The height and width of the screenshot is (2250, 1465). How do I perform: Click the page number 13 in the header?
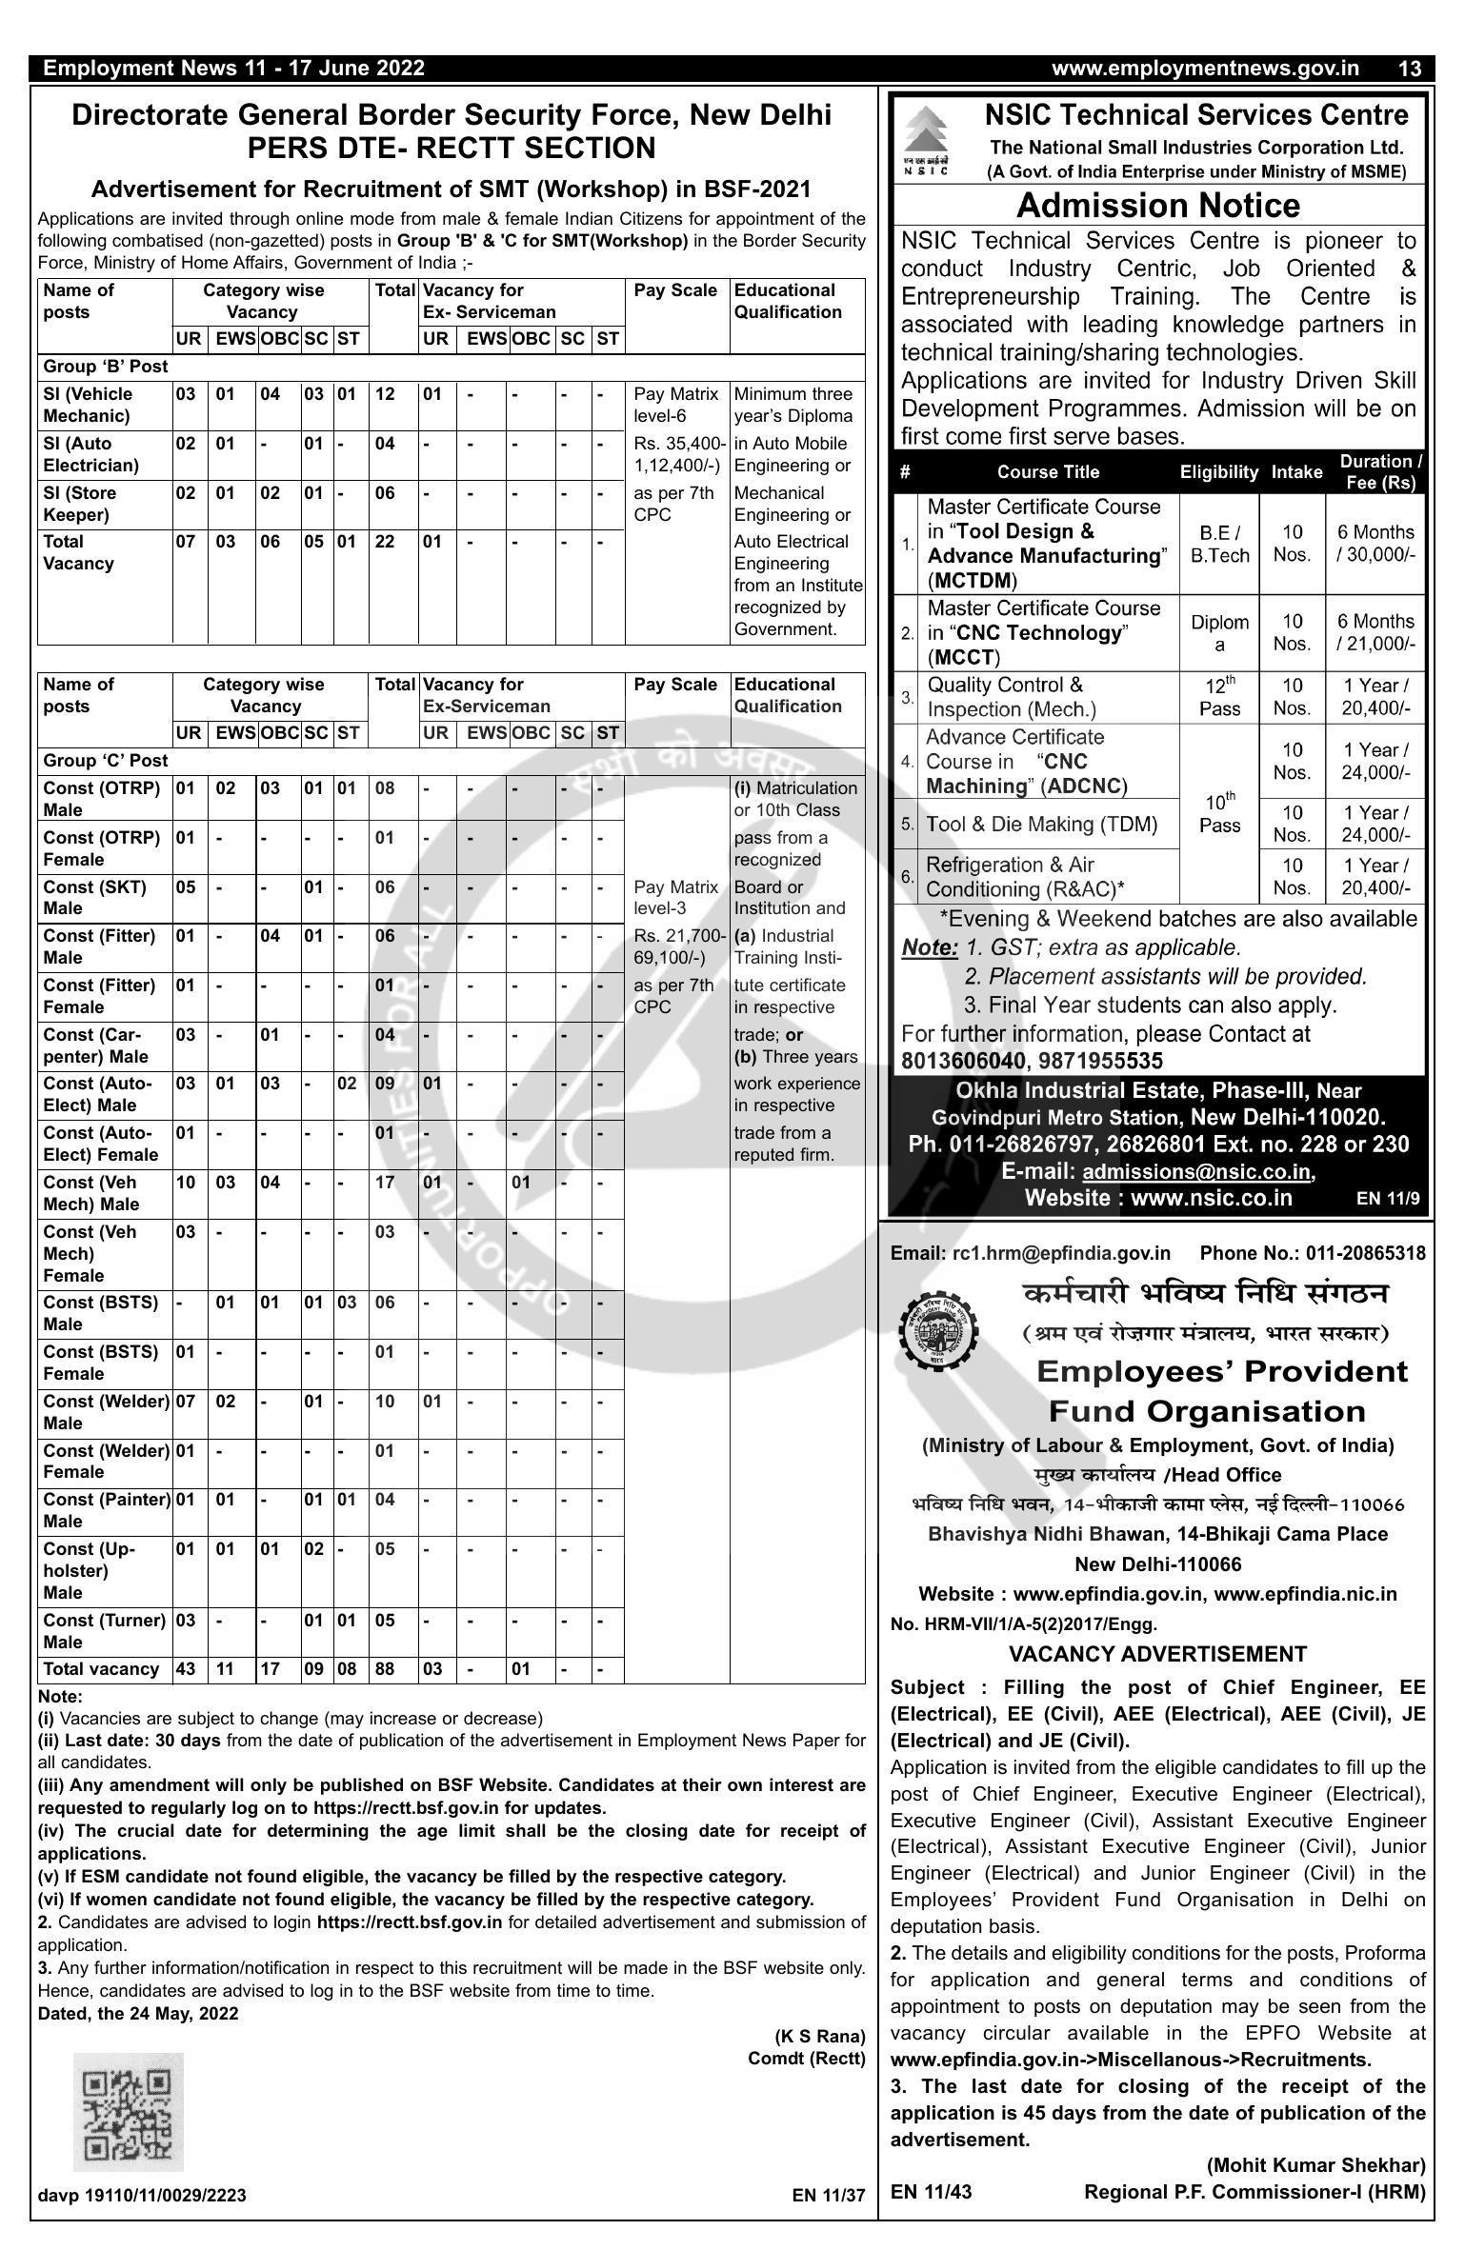click(1410, 69)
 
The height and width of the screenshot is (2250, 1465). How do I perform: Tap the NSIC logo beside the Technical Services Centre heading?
click(925, 140)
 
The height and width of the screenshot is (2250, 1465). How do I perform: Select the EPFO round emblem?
click(938, 1324)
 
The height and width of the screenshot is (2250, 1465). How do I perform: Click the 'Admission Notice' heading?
click(1158, 206)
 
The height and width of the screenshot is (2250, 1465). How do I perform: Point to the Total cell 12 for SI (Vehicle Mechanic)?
click(385, 394)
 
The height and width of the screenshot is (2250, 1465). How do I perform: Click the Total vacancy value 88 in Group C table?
click(385, 1669)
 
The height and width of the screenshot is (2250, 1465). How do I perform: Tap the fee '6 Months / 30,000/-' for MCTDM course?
click(1375, 544)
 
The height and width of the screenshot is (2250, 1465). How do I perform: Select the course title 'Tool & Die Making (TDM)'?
click(1041, 825)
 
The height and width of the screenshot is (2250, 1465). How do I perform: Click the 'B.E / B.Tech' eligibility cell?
click(1219, 544)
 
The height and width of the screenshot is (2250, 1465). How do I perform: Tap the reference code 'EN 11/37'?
click(829, 2196)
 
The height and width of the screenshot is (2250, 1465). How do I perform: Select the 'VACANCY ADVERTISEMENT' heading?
click(1157, 1654)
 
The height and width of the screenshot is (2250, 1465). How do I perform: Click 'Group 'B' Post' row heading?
click(105, 367)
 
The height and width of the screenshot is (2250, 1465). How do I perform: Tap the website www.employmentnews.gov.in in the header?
click(1205, 69)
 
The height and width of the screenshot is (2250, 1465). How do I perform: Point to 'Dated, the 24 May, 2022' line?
click(138, 2013)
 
